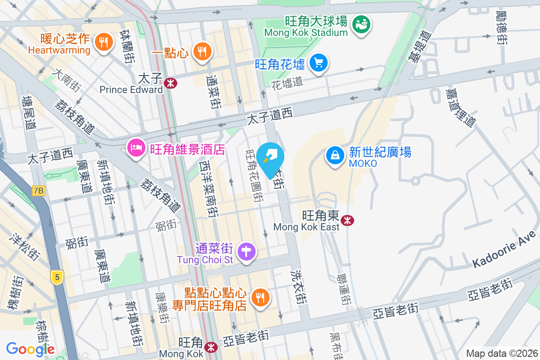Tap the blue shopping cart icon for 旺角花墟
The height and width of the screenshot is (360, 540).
coord(319,63)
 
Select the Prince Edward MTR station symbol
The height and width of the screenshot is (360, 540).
coord(171,83)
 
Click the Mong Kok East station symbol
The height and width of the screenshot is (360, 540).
coord(347,220)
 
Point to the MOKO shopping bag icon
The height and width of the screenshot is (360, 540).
coord(335,155)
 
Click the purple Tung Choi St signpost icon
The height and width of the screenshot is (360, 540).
coord(246,251)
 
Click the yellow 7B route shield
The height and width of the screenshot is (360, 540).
coord(39,191)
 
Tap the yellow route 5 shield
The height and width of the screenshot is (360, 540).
coord(57,277)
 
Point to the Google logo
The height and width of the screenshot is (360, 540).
coord(31,349)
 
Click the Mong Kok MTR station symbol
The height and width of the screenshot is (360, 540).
coord(210,347)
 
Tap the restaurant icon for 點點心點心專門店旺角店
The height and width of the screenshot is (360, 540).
coord(260,297)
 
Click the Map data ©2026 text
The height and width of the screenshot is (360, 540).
coord(501,354)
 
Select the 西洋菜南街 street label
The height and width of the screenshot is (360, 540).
coord(209,189)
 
